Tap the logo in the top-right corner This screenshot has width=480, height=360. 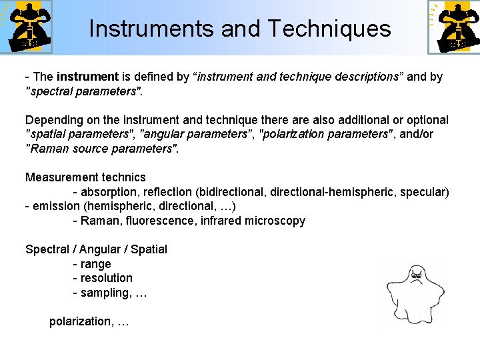453,27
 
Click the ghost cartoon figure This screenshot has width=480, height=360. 416,293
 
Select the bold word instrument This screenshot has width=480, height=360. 87,77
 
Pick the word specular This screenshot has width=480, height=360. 423,192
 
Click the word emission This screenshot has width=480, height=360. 56,206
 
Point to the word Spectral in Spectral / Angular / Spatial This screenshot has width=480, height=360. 49,249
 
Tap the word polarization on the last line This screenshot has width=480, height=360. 79,321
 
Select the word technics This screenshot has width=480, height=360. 123,177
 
